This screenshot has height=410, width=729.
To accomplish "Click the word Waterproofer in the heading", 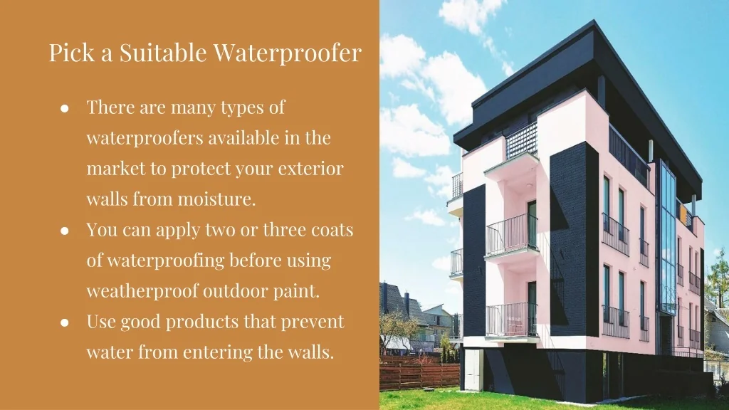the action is (x=288, y=53).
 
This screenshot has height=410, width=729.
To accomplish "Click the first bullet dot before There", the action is (x=65, y=109).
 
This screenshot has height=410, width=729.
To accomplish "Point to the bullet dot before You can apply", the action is (x=65, y=231).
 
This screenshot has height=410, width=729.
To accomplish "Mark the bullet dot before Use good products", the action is (x=65, y=322).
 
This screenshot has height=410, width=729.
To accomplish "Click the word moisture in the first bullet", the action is (x=216, y=199).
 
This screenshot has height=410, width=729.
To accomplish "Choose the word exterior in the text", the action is (x=310, y=168).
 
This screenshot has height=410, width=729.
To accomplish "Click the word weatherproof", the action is (x=142, y=291).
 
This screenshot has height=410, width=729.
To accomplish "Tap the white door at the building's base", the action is (x=473, y=369).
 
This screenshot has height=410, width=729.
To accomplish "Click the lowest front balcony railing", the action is (x=511, y=320).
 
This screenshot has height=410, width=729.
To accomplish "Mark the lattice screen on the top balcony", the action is (x=521, y=140).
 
